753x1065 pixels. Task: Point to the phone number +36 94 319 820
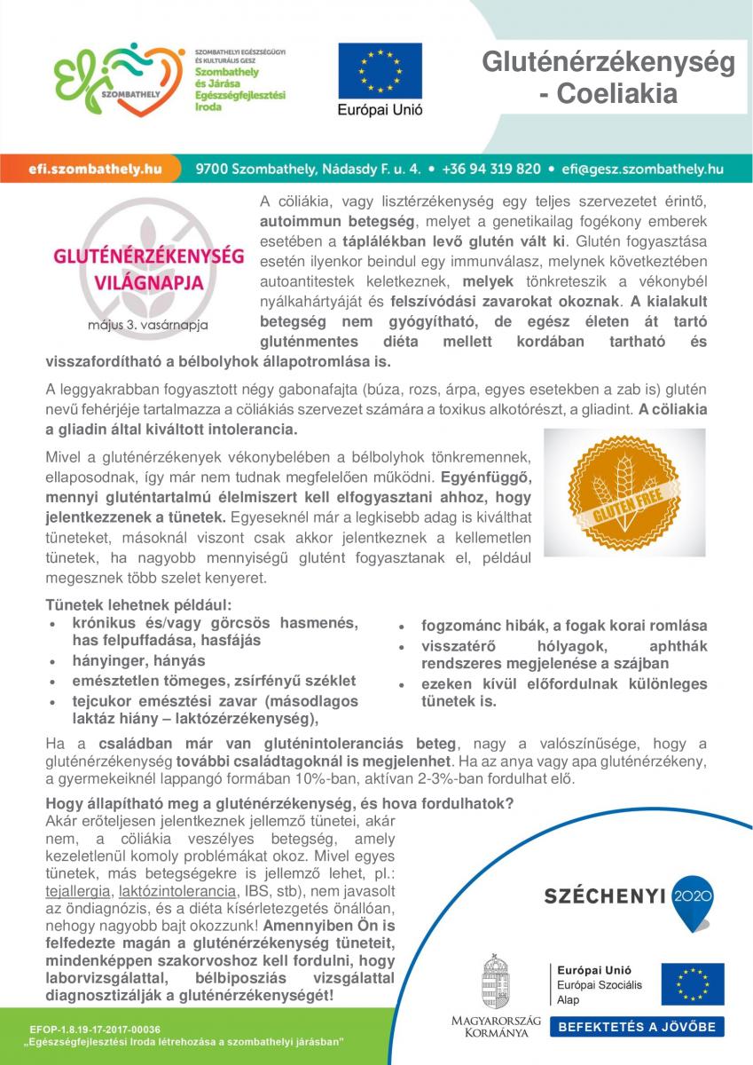(491, 168)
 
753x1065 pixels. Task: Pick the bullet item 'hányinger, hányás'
(138, 661)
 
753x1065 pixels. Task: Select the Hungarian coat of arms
(496, 982)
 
